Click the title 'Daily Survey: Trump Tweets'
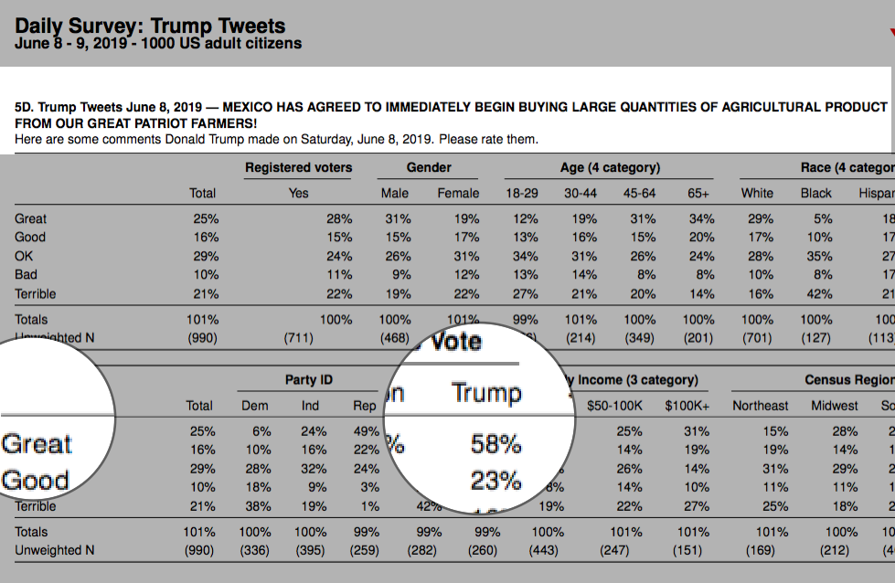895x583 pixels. point(150,26)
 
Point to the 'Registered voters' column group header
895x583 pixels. point(298,167)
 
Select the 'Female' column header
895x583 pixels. point(458,193)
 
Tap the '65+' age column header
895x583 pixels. point(700,193)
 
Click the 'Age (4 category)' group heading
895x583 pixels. point(610,167)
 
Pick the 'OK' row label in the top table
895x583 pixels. point(25,256)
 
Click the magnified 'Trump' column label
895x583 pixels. point(486,393)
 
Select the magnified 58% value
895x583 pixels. point(495,444)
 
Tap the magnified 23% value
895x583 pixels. point(495,480)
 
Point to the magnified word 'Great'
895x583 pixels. point(37,444)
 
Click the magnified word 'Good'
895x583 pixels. point(35,480)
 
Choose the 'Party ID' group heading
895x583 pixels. point(308,379)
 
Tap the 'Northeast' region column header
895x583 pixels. point(761,405)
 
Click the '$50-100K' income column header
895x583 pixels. point(613,405)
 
